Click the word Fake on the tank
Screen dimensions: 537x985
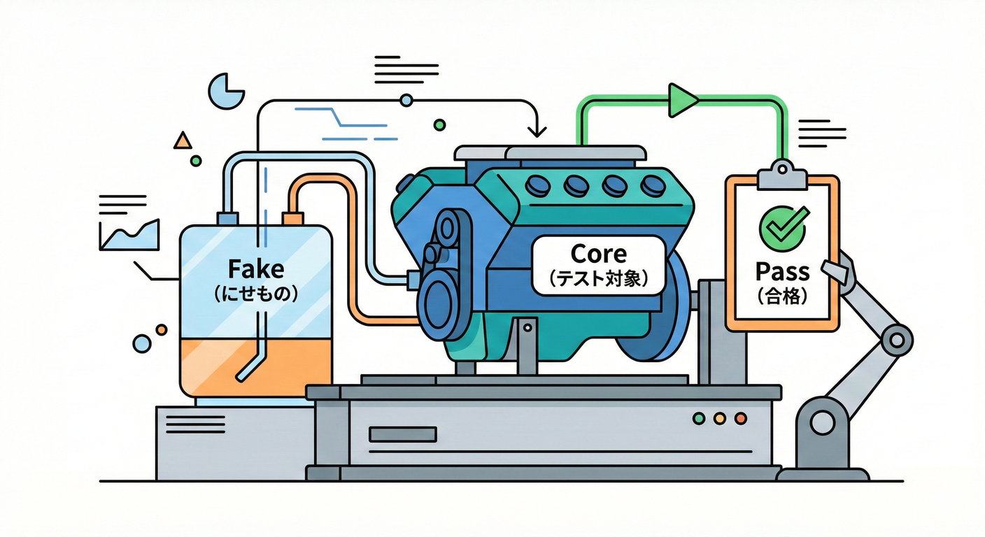pos(255,268)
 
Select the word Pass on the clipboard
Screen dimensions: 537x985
pos(782,271)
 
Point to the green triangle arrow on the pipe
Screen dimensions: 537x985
pos(681,100)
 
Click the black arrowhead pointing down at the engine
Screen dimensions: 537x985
pos(537,130)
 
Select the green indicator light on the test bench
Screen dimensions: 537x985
pos(697,419)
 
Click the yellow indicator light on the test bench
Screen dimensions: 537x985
pos(719,419)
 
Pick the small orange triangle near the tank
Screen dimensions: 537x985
pos(183,141)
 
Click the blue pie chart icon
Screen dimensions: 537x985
pos(225,92)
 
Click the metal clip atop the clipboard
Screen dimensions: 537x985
pos(782,176)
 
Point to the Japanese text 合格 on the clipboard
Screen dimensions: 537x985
pos(783,296)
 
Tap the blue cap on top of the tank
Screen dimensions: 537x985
pos(228,218)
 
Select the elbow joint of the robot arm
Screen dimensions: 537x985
pos(896,340)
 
